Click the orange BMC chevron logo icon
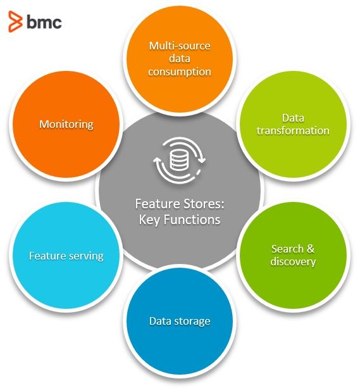click(x=15, y=22)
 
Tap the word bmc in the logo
click(x=44, y=22)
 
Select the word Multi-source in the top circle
click(x=180, y=46)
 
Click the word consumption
click(x=180, y=72)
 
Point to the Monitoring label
click(x=66, y=124)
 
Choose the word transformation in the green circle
click(x=293, y=130)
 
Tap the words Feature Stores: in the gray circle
click(x=180, y=204)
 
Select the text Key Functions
click(x=180, y=220)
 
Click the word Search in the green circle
click(x=287, y=249)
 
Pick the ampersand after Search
click(x=311, y=249)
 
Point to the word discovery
click(x=293, y=262)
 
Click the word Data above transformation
click(x=293, y=118)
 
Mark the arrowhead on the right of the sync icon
click(x=202, y=161)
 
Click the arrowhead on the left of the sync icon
click(x=157, y=160)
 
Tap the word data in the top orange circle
click(x=180, y=59)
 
